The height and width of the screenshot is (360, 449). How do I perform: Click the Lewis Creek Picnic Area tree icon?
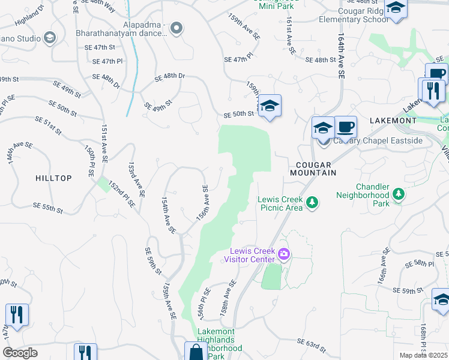pos(312,203)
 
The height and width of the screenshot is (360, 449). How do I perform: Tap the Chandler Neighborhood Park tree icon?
pos(398,194)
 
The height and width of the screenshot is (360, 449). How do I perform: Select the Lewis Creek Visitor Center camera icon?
pos(284,255)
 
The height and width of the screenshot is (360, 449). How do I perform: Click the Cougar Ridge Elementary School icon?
pos(396,9)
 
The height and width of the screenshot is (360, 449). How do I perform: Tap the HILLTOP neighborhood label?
pos(53,178)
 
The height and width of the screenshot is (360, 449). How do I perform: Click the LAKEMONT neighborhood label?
pos(393,121)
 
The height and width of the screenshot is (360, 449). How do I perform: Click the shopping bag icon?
pos(196,352)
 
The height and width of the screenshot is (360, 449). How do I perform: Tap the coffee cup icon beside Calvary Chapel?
pos(345,127)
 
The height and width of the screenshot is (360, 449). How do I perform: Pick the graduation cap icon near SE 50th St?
pos(270,106)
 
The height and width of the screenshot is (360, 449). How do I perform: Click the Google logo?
pos(20,353)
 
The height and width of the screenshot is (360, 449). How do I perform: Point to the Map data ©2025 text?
pos(424,355)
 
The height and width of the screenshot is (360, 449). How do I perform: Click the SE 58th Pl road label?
pos(420,264)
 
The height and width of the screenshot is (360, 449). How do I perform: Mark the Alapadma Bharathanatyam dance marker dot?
pos(176,27)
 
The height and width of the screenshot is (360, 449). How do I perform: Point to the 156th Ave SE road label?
pos(203,203)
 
